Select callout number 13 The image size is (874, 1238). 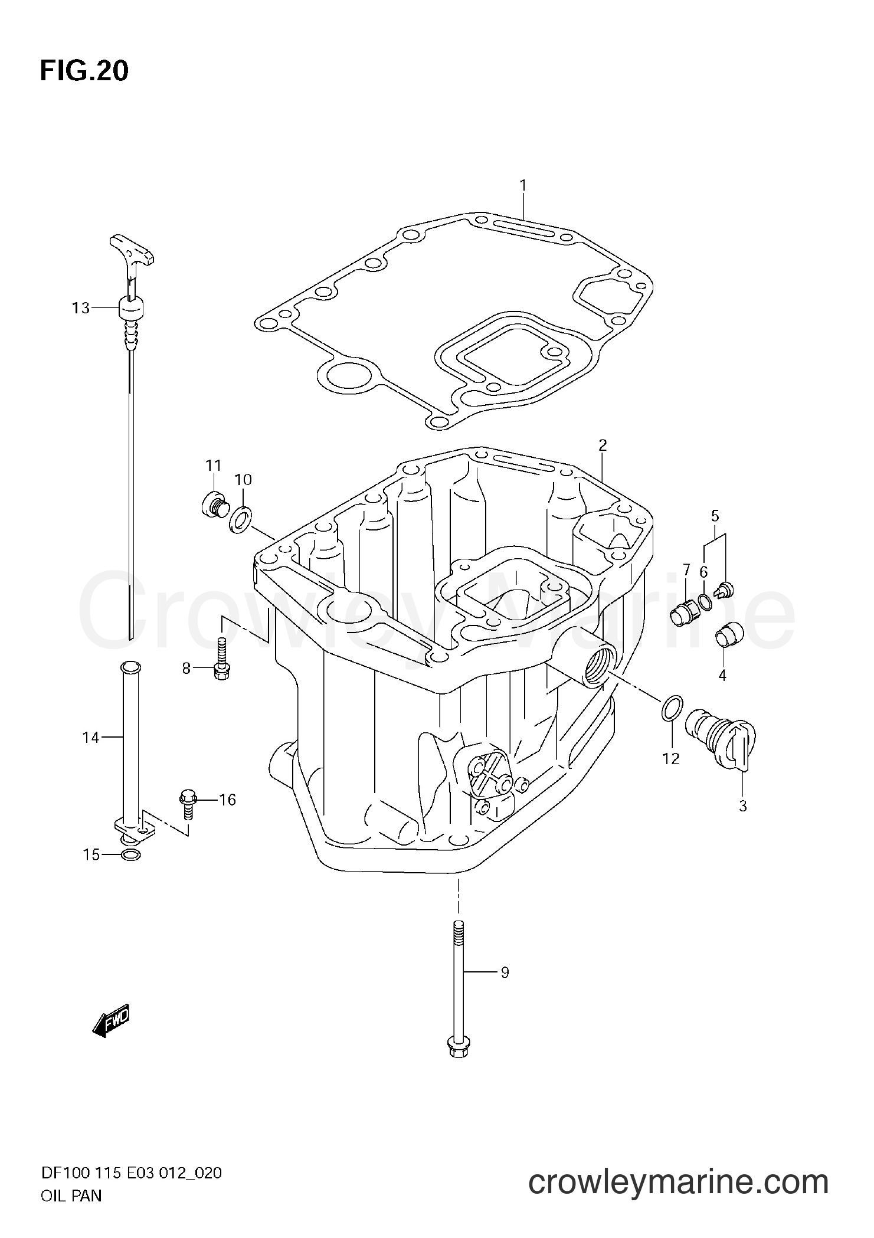coord(81,307)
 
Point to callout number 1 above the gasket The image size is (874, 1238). coord(523,186)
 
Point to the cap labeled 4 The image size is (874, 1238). coord(729,635)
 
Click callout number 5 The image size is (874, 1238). coord(715,516)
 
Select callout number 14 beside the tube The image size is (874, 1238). coord(91,737)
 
